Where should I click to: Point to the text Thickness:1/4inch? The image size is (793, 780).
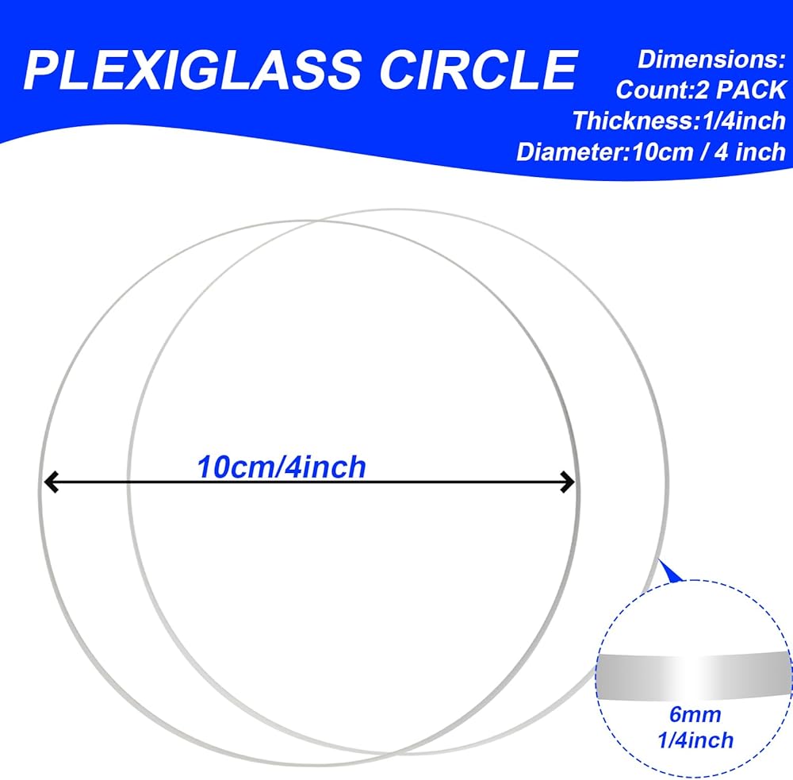(679, 120)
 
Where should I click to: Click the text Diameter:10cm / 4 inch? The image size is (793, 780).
(651, 151)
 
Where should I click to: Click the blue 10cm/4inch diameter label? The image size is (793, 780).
(282, 467)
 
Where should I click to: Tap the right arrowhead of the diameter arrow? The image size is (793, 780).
(567, 482)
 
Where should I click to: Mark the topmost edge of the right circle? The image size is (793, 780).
(397, 210)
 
